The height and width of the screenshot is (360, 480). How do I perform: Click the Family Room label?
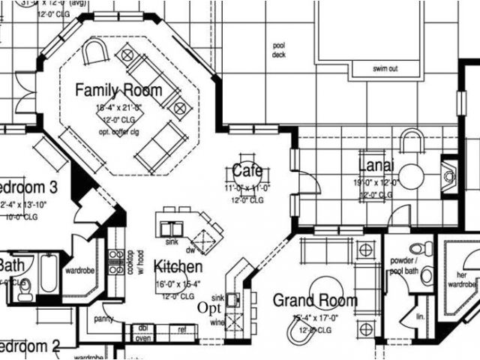point(118,91)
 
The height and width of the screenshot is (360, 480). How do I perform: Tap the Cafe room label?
point(247,169)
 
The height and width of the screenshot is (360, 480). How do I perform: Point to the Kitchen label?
point(178,266)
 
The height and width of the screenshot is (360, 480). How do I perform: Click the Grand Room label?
point(314,300)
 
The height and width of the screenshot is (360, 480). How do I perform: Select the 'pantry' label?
point(103,319)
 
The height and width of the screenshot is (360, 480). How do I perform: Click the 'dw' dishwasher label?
point(190,250)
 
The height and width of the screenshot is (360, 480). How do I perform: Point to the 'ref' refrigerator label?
point(181,328)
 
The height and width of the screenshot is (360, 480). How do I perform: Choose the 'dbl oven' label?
point(142,332)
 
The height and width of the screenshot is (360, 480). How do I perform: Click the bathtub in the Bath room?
point(46,274)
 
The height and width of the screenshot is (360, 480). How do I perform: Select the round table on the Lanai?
point(411,175)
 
